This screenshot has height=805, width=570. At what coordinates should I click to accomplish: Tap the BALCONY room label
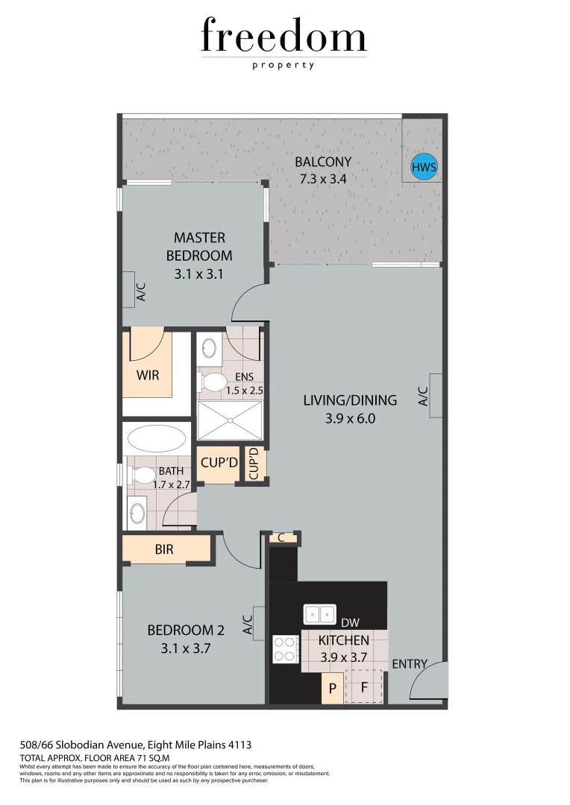(x=322, y=162)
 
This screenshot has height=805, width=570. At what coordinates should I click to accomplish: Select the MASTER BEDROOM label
(x=199, y=247)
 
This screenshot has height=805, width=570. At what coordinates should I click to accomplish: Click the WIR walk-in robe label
(x=148, y=374)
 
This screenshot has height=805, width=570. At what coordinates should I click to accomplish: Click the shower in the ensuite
(x=231, y=422)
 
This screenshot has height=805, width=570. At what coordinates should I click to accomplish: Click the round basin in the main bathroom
(x=137, y=514)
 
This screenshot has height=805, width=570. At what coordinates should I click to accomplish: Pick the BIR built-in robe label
(x=165, y=550)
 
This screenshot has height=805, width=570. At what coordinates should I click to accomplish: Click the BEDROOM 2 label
(x=186, y=631)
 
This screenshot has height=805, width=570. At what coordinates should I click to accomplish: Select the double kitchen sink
(x=319, y=614)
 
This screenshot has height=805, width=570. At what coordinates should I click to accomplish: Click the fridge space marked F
(x=364, y=687)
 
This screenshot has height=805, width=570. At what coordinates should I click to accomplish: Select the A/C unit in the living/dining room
(x=436, y=395)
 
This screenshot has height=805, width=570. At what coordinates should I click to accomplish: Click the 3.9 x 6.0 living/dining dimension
(x=349, y=419)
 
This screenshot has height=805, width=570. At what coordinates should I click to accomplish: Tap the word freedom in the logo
(x=284, y=37)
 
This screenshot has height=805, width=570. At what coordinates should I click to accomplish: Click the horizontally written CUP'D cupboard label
(x=219, y=463)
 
